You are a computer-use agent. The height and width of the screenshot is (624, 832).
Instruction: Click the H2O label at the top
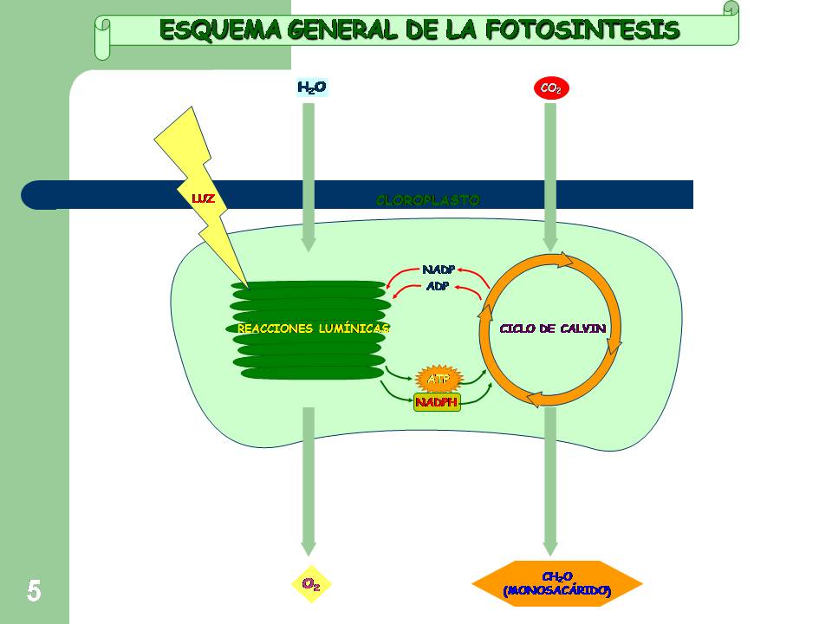(312, 88)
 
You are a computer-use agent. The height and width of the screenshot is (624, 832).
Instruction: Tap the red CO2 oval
(550, 88)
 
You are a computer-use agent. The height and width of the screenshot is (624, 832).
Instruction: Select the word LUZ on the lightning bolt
(203, 199)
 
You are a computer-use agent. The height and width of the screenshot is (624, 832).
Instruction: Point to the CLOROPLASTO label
(427, 200)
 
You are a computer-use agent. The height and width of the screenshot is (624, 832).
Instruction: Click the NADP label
(439, 270)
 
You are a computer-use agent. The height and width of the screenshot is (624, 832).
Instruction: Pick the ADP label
(438, 286)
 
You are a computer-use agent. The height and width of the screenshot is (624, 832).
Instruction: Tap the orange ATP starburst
(439, 379)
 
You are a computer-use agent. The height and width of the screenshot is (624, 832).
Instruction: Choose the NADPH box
(437, 402)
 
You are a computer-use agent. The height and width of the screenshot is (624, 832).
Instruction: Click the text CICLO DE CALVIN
(552, 328)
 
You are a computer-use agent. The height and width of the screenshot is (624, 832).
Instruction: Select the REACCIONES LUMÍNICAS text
(313, 328)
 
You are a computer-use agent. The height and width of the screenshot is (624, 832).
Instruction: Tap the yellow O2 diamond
(311, 584)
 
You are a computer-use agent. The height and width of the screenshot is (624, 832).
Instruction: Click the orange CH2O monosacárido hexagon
(556, 584)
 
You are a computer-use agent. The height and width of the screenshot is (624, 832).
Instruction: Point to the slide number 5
(33, 591)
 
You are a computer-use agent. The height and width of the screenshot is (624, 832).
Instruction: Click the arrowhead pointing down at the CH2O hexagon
(549, 548)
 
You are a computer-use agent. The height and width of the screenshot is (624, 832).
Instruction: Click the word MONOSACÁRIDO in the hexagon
(556, 591)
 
